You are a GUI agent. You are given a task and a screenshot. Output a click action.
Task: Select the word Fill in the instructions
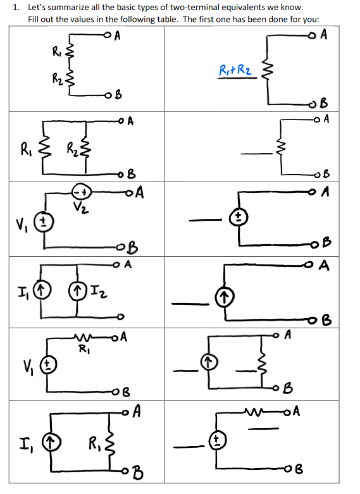(x=36, y=18)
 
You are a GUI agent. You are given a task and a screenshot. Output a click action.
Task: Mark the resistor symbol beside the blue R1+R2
(x=267, y=72)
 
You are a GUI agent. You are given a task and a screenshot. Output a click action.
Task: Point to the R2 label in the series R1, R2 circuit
(x=57, y=80)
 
